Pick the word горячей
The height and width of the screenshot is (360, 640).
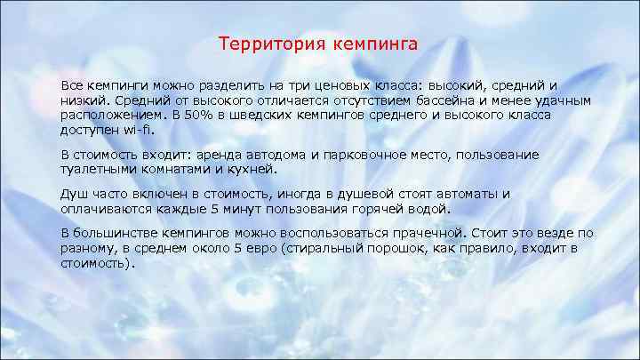(x=380, y=208)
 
